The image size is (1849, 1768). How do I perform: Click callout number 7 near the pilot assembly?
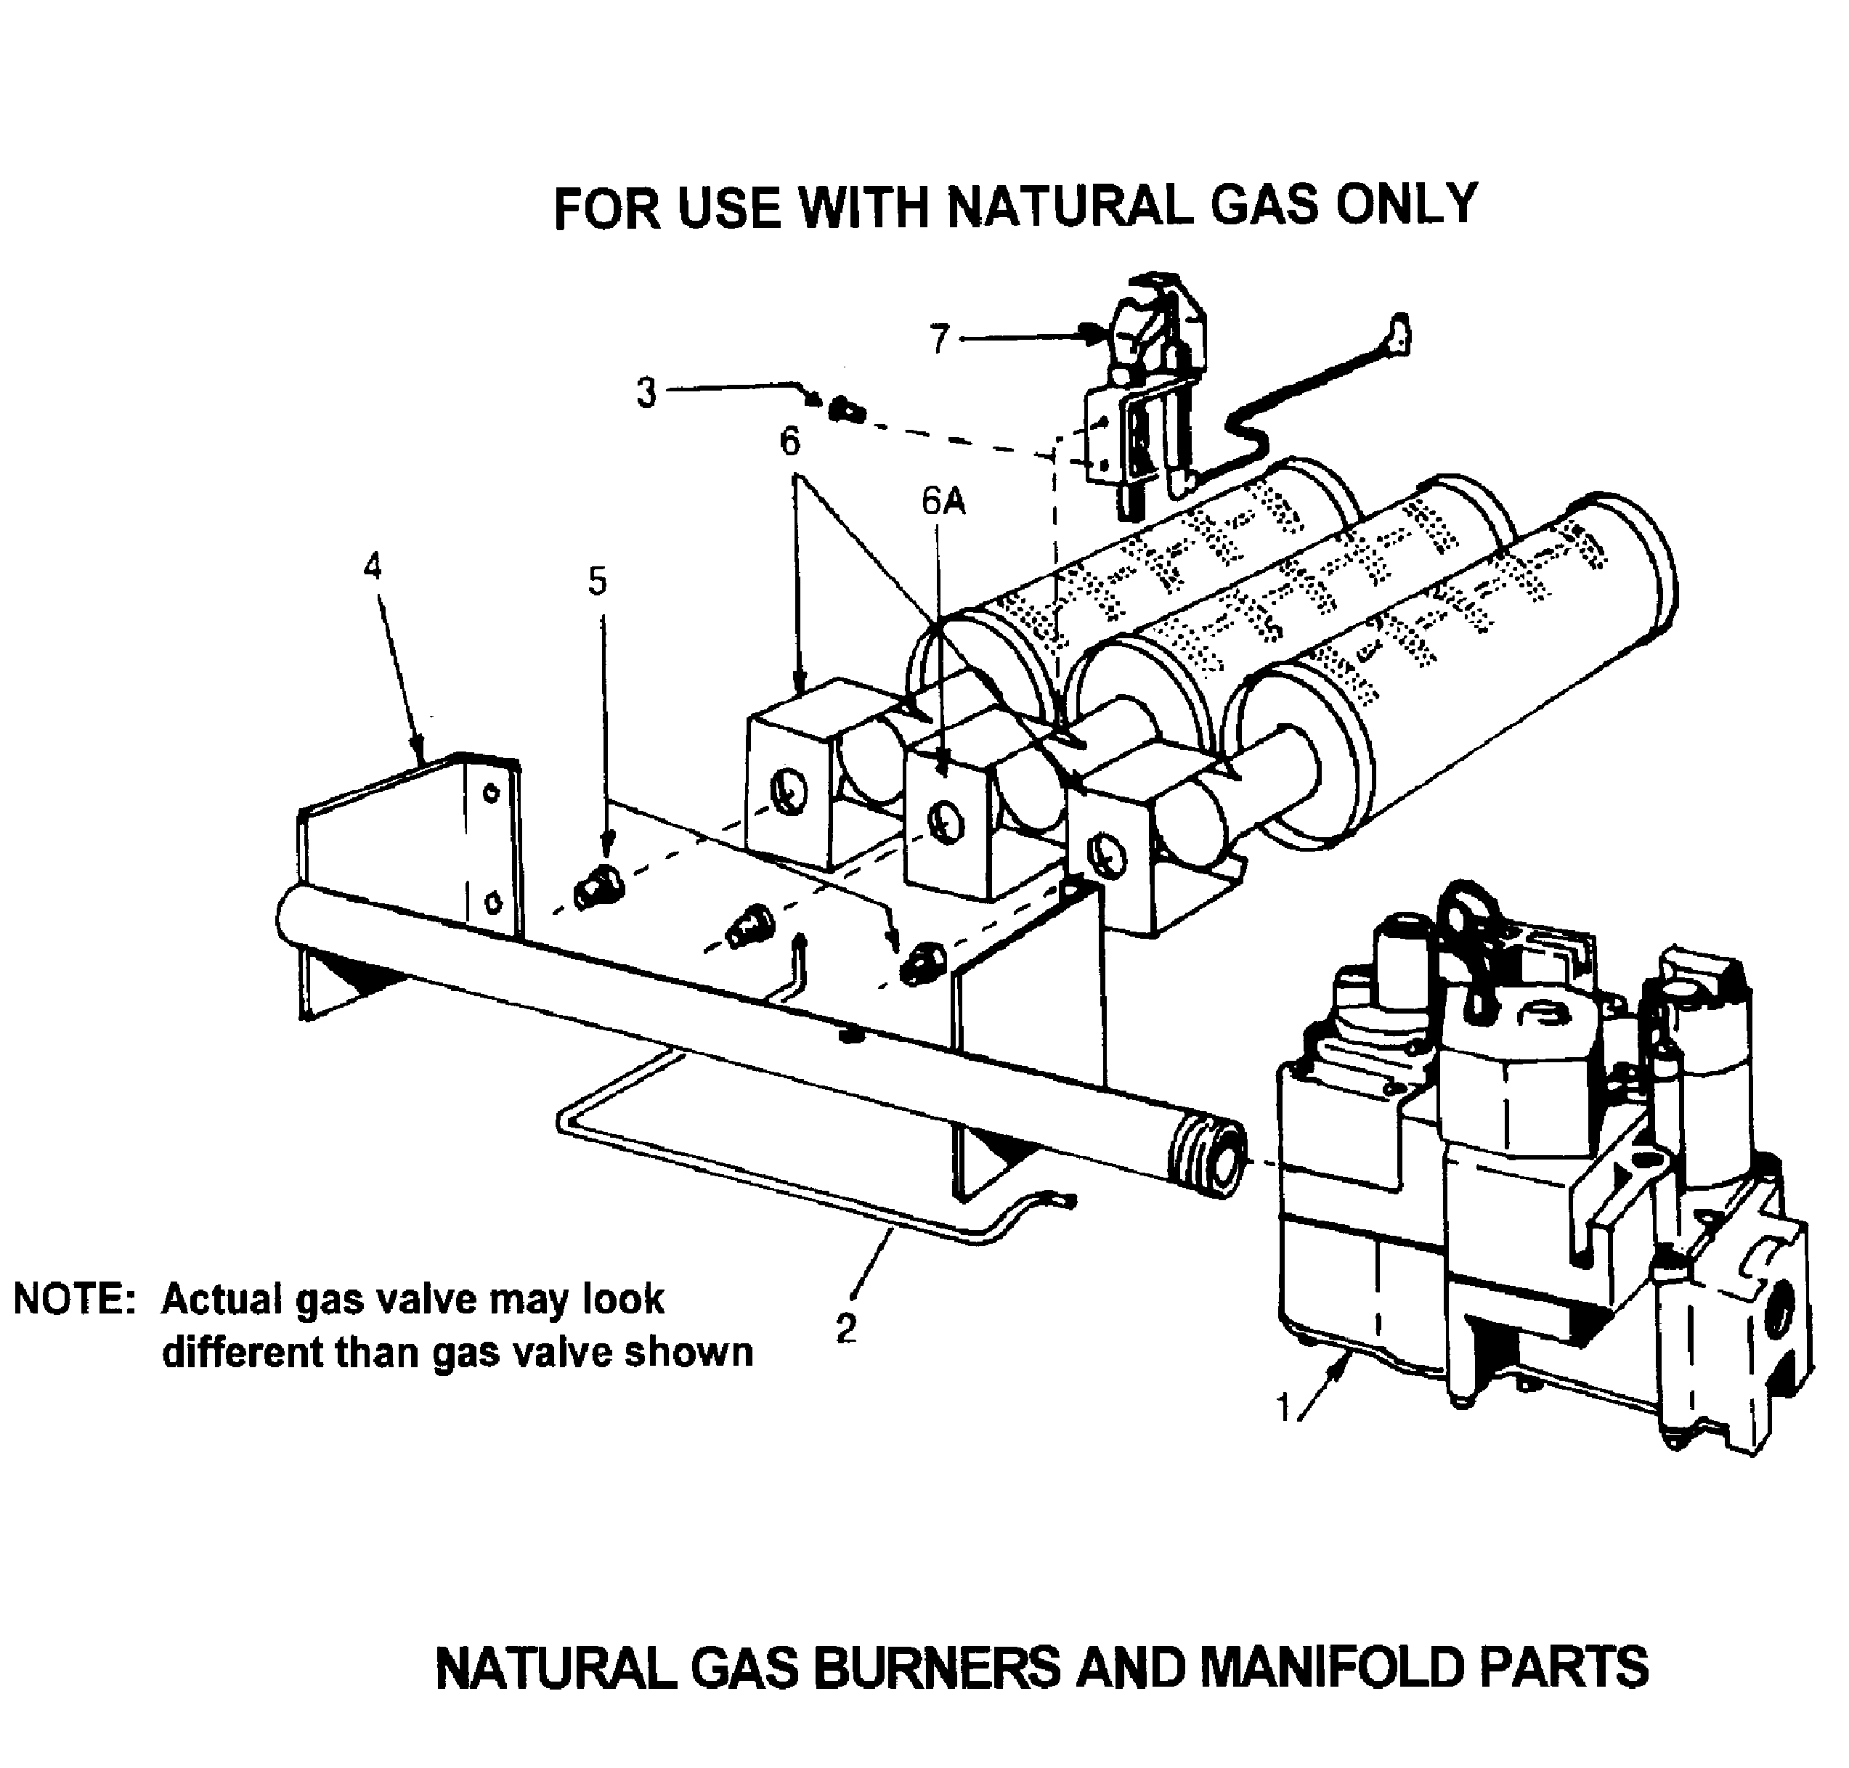pos(938,339)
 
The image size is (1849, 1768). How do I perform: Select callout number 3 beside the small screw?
pos(646,392)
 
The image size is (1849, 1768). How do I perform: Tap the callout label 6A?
pos(943,502)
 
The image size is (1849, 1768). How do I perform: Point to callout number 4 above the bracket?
pos(373,566)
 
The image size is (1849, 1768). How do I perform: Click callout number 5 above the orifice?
pos(598,582)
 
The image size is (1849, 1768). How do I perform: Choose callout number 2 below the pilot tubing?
pos(845,1329)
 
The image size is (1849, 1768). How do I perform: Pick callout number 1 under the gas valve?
pos(1283,1408)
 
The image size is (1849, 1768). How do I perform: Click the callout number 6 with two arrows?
pos(789,441)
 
